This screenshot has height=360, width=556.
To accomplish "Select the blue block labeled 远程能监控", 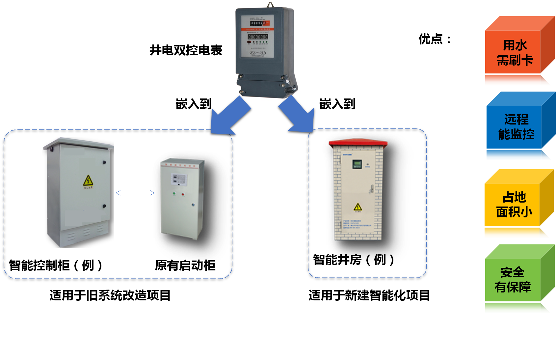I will point(516,127).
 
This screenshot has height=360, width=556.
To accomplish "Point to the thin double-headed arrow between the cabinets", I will point(135,193).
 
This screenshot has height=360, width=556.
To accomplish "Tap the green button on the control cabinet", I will point(174,194).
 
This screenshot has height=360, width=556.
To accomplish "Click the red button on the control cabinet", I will point(183,194).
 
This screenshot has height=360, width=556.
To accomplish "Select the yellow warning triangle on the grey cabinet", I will point(88,180).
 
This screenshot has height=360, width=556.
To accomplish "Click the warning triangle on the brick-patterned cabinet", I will point(357,207).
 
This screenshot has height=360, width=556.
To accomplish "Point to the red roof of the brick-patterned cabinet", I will point(358,143).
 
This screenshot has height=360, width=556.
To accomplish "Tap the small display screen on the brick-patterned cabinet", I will point(357,164).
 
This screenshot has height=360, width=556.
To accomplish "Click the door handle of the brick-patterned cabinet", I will point(372,189).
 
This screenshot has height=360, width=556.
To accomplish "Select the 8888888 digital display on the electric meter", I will point(258,37).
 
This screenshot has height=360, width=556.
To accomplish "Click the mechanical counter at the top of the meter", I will point(258,23).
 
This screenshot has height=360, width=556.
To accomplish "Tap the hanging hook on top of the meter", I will point(270,5).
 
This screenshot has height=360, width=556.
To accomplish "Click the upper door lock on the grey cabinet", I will point(104,162).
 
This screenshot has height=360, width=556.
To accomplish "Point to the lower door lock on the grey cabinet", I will point(104,206).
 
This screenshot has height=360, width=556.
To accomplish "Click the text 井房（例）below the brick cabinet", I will point(365,259).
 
